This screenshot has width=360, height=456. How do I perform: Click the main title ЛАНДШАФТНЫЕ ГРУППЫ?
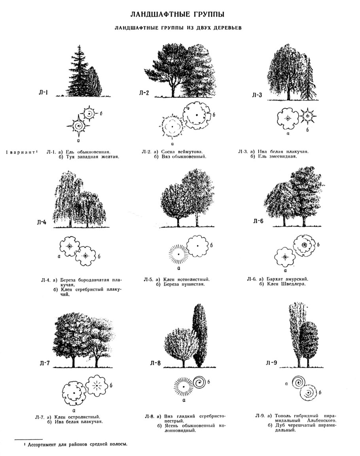click(178, 15)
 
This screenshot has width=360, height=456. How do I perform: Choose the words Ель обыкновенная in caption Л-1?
click(87, 151)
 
